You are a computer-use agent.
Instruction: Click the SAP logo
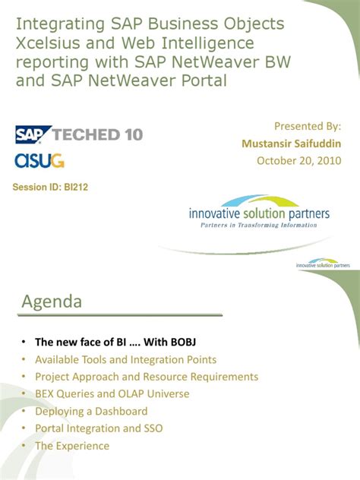point(33,135)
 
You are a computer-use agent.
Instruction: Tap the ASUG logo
point(39,160)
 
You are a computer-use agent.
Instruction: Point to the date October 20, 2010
point(299,160)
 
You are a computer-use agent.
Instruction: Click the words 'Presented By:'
point(308,126)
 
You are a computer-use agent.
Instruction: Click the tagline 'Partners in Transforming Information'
point(259,226)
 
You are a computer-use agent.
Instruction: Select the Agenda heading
point(52,302)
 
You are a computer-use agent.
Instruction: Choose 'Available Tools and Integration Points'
point(125,359)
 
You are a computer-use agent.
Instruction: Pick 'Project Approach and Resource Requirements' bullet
point(147,377)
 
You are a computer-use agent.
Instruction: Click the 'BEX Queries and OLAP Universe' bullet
point(112,394)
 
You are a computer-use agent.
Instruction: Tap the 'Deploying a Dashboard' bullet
point(91,412)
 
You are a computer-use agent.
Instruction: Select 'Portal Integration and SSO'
point(99,428)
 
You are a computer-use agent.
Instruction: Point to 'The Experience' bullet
point(72,446)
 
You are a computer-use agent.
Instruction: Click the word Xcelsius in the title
point(47,43)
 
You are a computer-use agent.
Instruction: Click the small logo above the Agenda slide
point(324,264)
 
